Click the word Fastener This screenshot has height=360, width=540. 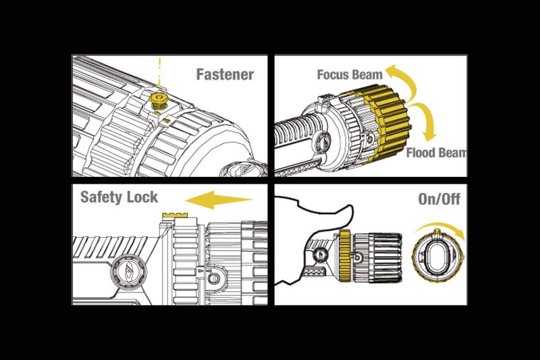[x=225, y=74]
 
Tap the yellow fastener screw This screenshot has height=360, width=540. [x=159, y=102]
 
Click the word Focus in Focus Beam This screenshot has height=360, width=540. [x=333, y=74]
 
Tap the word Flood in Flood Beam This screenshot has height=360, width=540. [x=422, y=153]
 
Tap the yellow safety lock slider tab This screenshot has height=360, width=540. [x=173, y=215]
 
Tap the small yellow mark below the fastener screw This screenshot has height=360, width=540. [x=166, y=119]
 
